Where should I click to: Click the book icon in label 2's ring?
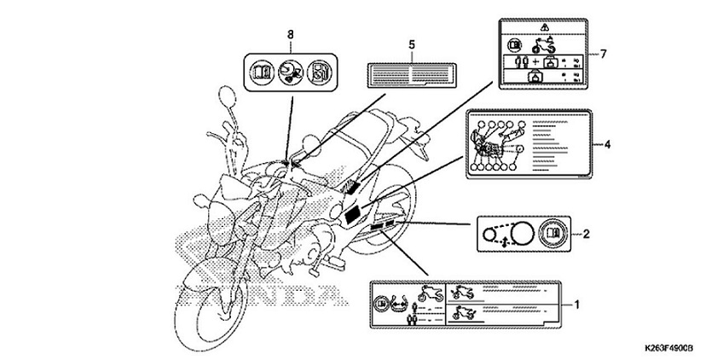point(551,232)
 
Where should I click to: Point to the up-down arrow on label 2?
point(507,241)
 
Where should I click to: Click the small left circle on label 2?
point(489,232)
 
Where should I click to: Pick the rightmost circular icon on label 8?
point(317,72)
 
